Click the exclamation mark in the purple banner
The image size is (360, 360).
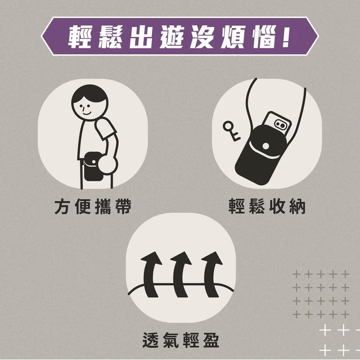pyautogui.click(x=286, y=36)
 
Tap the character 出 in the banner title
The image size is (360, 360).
pyautogui.click(x=141, y=37)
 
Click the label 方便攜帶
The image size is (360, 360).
pyautogui.click(x=93, y=206)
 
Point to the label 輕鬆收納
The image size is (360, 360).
pyautogui.click(x=267, y=206)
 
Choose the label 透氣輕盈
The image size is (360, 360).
pyautogui.click(x=181, y=340)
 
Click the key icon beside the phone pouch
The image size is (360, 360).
pyautogui.click(x=231, y=130)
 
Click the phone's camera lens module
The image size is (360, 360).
pyautogui.click(x=281, y=124)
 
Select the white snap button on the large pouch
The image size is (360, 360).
pyautogui.click(x=265, y=146)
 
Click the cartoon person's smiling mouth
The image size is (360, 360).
pyautogui.click(x=87, y=113)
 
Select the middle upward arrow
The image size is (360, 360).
pyautogui.click(x=180, y=274)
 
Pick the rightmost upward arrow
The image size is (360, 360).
pyautogui.click(x=211, y=274)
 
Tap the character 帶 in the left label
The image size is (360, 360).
pyautogui.click(x=124, y=206)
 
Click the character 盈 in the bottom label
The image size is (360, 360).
pyautogui.click(x=211, y=340)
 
